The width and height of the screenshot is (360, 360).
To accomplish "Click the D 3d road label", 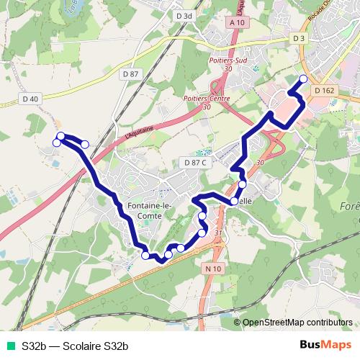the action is [x=184, y=15].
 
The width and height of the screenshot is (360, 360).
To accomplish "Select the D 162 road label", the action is [x=325, y=90].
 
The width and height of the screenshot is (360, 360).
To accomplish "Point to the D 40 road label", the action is [x=30, y=99].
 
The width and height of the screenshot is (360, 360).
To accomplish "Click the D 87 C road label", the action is [x=195, y=163].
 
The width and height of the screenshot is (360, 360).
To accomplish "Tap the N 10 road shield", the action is [x=211, y=268].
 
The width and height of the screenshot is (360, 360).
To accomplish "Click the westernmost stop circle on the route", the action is [x=57, y=143].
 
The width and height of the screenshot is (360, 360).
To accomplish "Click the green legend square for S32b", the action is [x=9, y=346].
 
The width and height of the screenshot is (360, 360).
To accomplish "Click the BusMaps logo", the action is [x=325, y=346].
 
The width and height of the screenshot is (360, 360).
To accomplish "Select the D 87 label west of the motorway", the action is [x=130, y=73].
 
